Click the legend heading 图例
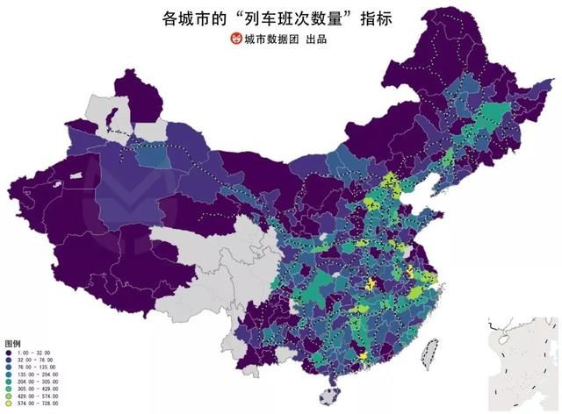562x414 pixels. [12, 343]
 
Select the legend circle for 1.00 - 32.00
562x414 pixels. [10, 352]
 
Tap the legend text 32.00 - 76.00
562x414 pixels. [36, 360]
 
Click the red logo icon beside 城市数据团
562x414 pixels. [234, 39]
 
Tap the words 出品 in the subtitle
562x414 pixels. [314, 39]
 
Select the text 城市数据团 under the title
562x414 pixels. [270, 39]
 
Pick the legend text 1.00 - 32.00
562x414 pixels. [36, 352]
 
